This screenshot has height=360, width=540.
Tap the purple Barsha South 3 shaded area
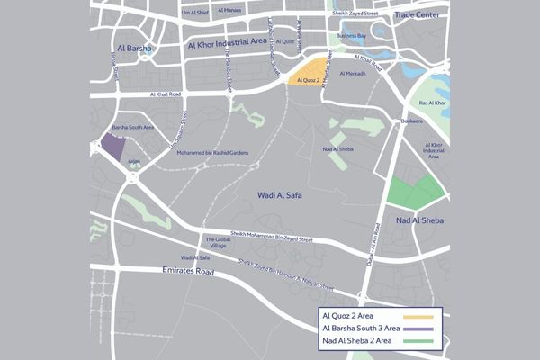pyautogui.click(x=112, y=146)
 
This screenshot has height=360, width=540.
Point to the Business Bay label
pyautogui.click(x=351, y=36)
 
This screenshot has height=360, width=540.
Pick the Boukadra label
pyautogui.click(x=412, y=121)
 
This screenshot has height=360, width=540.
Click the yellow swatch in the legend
pyautogui.click(x=419, y=317)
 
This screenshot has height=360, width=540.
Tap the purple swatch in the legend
pyautogui.click(x=419, y=329)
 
